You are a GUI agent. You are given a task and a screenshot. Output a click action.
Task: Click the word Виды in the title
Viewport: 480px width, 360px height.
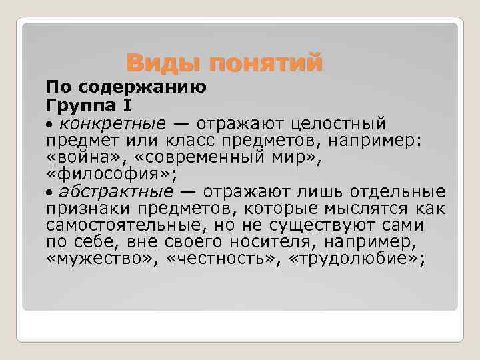[x=163, y=63]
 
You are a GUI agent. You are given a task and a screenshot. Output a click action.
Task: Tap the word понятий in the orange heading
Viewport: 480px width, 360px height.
[x=265, y=64]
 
